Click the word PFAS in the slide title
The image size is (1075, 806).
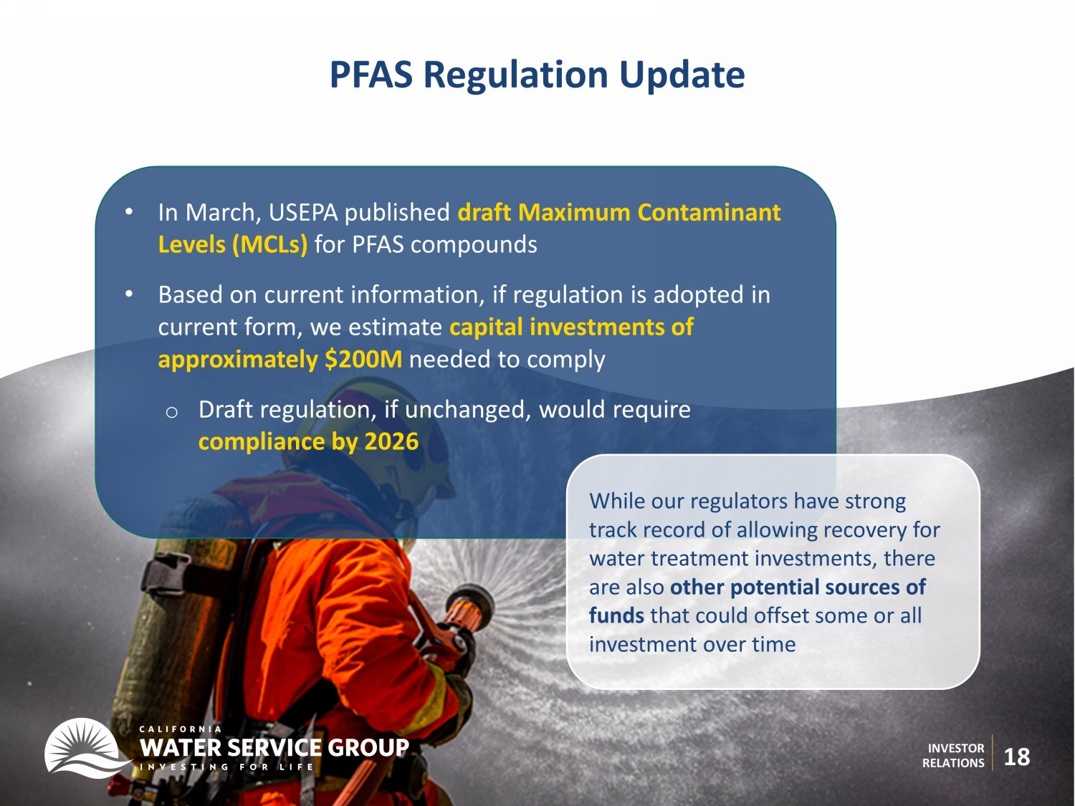pyautogui.click(x=371, y=75)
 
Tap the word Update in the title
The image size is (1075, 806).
pyautogui.click(x=682, y=75)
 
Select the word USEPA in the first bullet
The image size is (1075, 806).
pyautogui.click(x=303, y=212)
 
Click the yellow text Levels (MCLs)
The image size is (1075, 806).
pyautogui.click(x=233, y=245)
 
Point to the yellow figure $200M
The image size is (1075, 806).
pyautogui.click(x=363, y=359)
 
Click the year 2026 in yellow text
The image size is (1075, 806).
pyautogui.click(x=392, y=441)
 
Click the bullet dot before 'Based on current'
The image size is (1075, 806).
pyautogui.click(x=129, y=294)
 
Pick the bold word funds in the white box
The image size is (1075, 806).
pyautogui.click(x=616, y=615)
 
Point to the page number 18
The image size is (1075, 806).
pyautogui.click(x=1017, y=757)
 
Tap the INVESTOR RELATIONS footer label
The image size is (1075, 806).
pyautogui.click(x=954, y=755)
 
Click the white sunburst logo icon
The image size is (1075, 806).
pyautogui.click(x=83, y=747)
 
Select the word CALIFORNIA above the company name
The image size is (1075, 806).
pyautogui.click(x=180, y=729)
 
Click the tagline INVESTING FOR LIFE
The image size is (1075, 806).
pyautogui.click(x=226, y=767)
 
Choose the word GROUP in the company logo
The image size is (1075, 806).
pyautogui.click(x=368, y=747)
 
